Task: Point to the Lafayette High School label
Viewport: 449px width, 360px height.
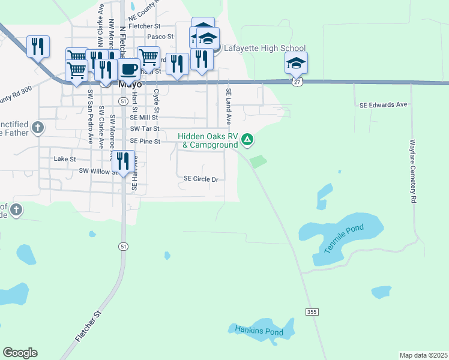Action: tap(265, 49)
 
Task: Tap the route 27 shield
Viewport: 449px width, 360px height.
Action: tap(297, 81)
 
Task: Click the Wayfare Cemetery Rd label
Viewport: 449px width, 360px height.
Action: tap(412, 170)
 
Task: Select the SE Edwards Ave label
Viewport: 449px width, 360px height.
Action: tap(384, 104)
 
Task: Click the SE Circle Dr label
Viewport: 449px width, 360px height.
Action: tap(200, 179)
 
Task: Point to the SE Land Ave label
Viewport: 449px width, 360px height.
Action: tap(229, 107)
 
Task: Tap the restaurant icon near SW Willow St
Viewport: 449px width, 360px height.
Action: tap(122, 161)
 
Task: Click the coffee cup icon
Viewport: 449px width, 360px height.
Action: tap(128, 69)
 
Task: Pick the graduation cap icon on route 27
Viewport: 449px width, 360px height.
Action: tap(296, 62)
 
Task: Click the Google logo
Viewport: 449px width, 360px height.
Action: tap(20, 353)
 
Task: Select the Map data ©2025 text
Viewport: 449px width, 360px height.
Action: tap(423, 355)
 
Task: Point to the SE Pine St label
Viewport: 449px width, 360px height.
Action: tap(146, 142)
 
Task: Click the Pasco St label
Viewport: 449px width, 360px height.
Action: tap(161, 37)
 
